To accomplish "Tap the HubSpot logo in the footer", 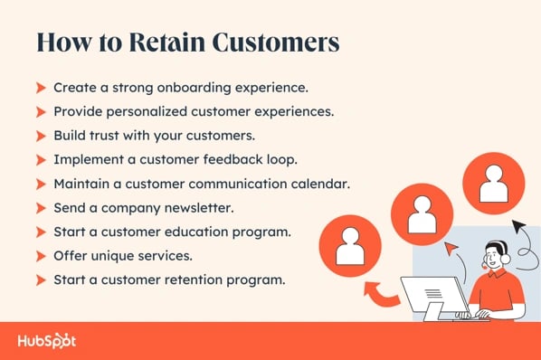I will pyautogui.click(x=46, y=341).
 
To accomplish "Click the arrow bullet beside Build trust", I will pyautogui.click(x=41, y=136).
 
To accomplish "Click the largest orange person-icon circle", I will pyautogui.click(x=493, y=183).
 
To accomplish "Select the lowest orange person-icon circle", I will pyautogui.click(x=350, y=244).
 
